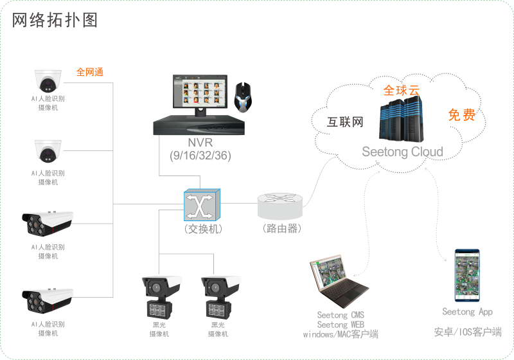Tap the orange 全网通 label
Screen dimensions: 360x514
89,72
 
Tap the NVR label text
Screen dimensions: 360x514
200,142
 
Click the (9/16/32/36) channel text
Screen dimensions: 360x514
200,155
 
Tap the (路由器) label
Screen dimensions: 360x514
281,228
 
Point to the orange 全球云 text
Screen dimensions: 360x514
401,91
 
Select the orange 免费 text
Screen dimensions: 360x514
461,116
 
